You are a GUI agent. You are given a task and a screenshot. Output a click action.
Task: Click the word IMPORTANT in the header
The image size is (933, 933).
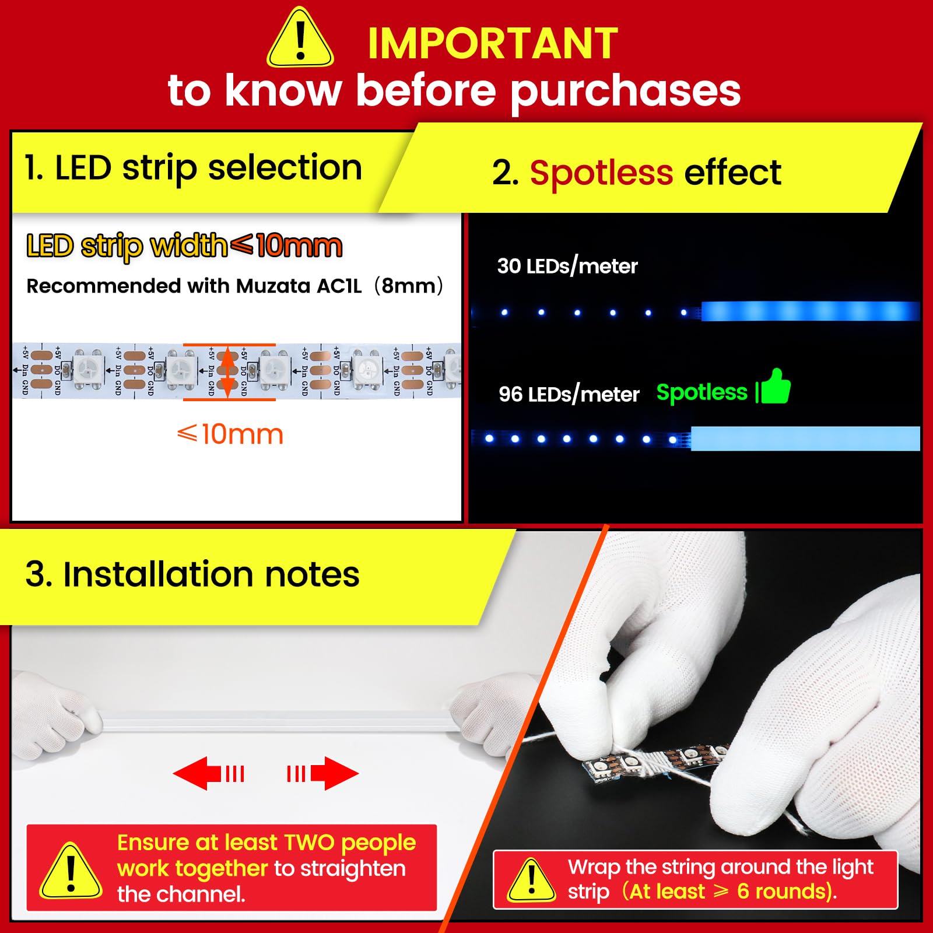click(x=493, y=44)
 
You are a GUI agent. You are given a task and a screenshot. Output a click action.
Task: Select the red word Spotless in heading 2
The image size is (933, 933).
click(x=601, y=173)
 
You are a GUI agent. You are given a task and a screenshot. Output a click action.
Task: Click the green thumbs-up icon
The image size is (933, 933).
click(x=775, y=387)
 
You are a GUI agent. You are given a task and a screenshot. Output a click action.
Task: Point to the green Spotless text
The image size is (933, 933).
click(x=701, y=392)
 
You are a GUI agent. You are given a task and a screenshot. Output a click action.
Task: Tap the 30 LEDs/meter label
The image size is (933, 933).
click(x=567, y=266)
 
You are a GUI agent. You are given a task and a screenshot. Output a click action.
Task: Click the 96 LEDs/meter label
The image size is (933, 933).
click(x=569, y=395)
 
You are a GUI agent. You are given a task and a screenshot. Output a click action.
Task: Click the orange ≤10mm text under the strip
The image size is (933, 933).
click(x=230, y=434)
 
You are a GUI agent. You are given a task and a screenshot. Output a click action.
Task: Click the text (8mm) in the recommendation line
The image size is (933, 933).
click(x=408, y=286)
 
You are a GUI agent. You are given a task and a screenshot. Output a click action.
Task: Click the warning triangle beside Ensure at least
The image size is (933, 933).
click(x=71, y=872)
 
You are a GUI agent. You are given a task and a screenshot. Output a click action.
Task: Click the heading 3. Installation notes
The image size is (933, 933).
click(x=192, y=574)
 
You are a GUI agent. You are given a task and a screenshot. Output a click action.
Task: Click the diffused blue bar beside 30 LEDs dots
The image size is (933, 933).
click(x=811, y=311)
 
